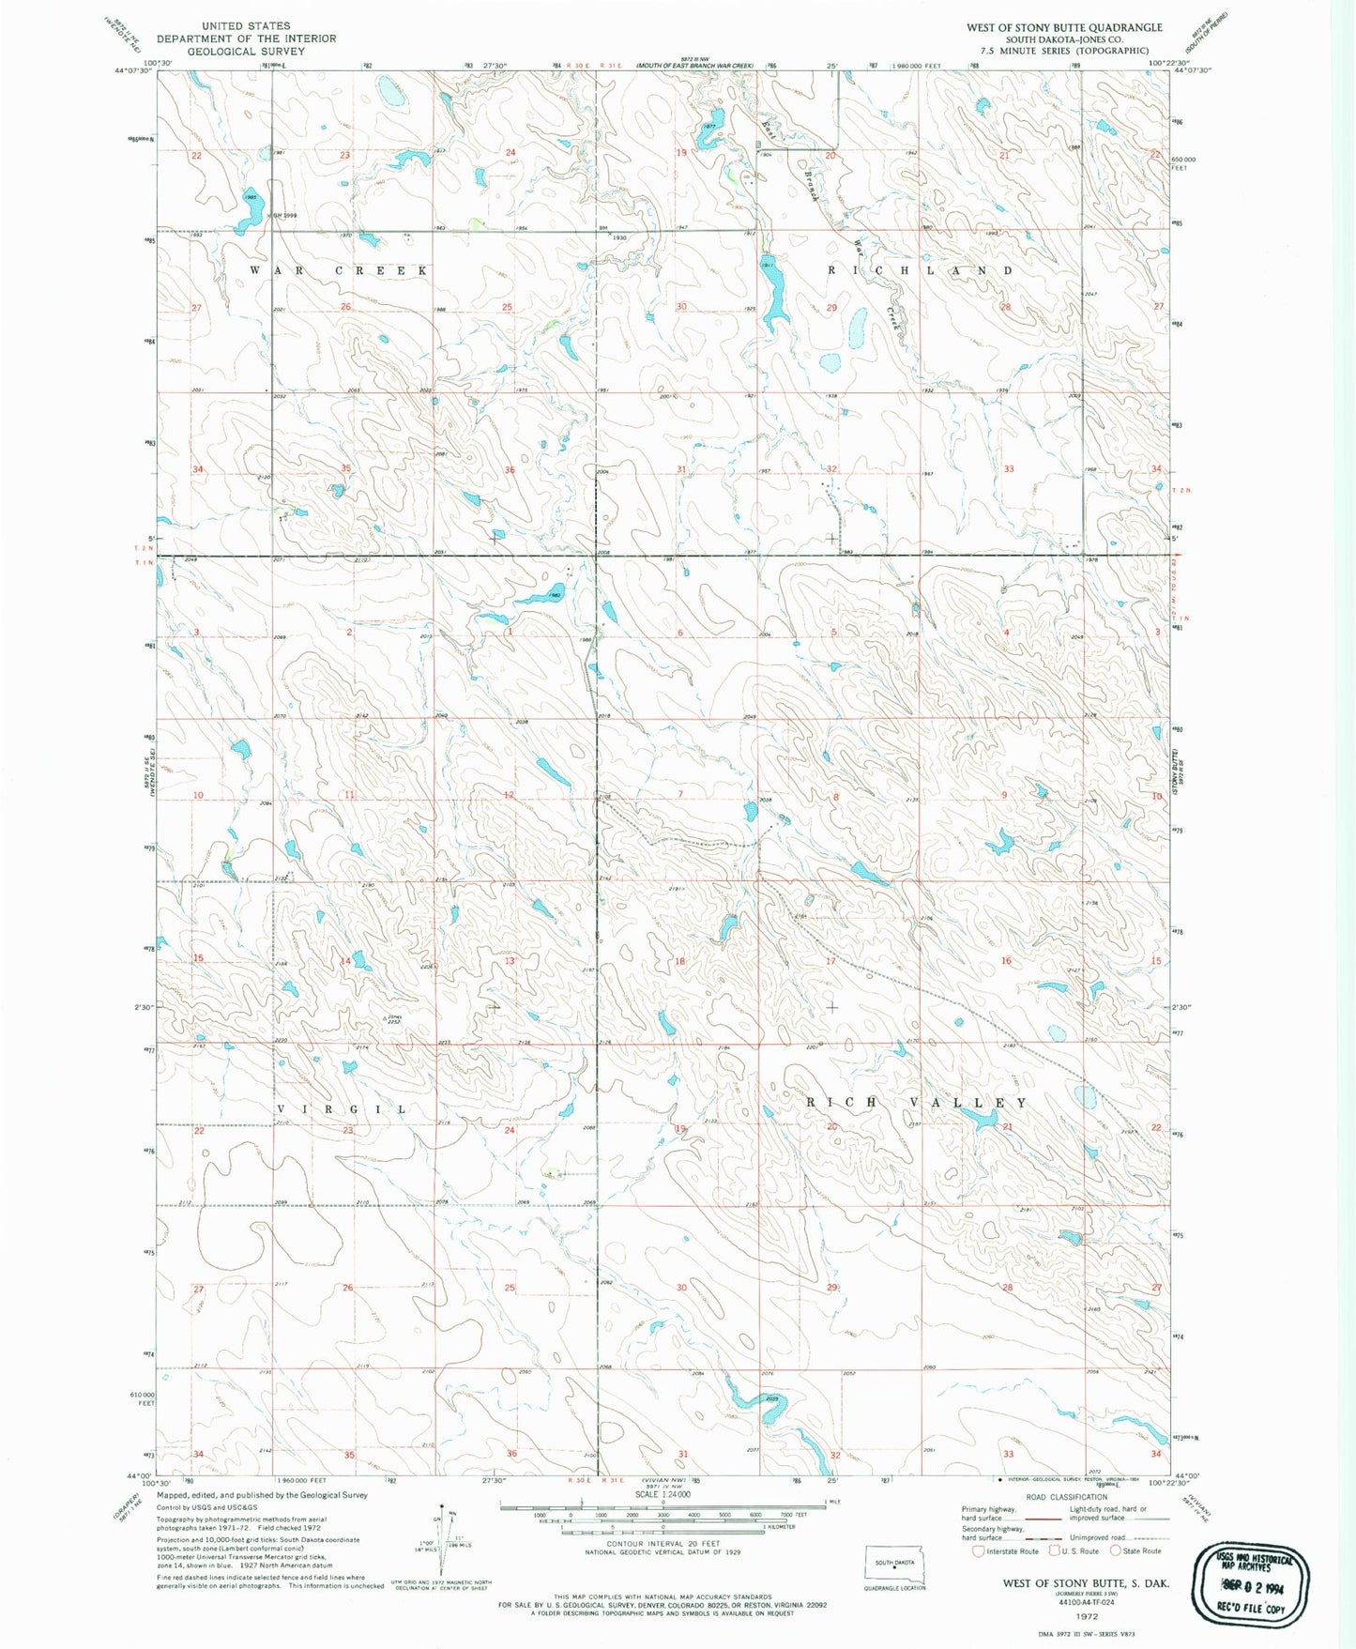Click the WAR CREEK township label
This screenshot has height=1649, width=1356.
[x=339, y=270]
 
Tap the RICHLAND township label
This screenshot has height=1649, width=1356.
[x=920, y=270]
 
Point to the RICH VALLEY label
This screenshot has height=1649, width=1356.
[x=918, y=1103]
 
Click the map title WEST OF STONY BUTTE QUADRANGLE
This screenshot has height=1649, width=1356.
[x=1064, y=27]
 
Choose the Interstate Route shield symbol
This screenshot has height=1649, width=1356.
[x=978, y=1551]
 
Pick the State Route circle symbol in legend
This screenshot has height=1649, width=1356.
[x=1116, y=1551]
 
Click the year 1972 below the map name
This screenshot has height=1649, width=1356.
[x=1087, y=1618]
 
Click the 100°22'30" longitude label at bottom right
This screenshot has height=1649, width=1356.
[x=1173, y=1482]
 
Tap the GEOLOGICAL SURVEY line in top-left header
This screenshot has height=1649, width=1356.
[x=246, y=51]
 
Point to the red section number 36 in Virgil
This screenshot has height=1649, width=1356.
[x=511, y=1454]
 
